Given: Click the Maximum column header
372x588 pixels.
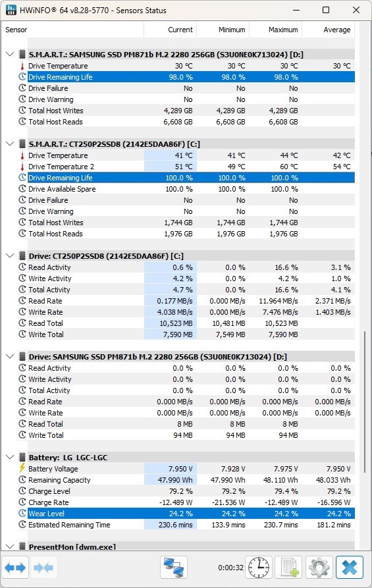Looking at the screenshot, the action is point(283,30).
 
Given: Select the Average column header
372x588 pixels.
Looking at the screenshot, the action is point(336,30).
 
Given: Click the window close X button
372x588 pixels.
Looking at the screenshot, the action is point(356,10).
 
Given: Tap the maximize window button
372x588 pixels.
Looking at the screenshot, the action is point(326,10).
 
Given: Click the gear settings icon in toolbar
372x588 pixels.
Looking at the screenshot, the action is point(319,568).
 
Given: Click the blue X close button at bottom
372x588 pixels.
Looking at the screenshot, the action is point(350,568).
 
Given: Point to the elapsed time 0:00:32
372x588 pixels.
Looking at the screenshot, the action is point(231,568).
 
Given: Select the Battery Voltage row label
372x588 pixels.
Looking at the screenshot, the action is point(53,469).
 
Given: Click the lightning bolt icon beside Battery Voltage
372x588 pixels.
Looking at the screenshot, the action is point(22,468).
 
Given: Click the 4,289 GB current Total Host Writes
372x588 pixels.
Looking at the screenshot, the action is point(178,111).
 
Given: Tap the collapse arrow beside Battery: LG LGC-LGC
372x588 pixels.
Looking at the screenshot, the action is point(10,457).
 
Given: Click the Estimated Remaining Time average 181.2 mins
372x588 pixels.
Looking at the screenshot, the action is point(334,525).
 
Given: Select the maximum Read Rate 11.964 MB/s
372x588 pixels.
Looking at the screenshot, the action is point(279,301).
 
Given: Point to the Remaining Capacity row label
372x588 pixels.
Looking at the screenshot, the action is point(60,480).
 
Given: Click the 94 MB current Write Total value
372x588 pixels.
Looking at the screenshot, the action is point(183,435).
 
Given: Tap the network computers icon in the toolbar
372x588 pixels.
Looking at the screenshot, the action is point(174,568).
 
